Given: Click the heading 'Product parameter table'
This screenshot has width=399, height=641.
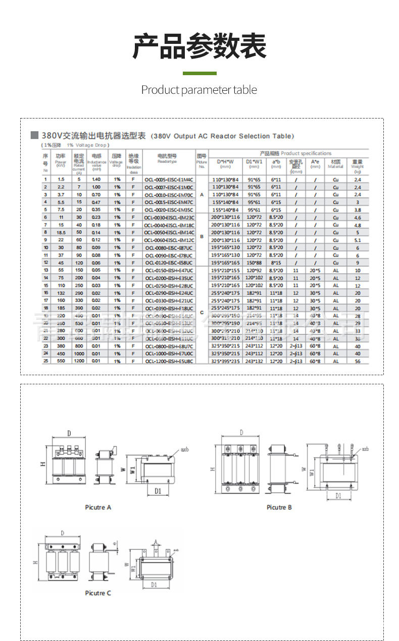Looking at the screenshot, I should click(x=199, y=90).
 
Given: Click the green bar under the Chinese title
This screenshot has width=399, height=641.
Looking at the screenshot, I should click(x=199, y=74).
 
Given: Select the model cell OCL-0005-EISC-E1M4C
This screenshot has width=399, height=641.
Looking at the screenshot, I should click(x=169, y=180).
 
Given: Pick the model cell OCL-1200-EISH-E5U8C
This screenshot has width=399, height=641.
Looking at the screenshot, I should click(x=169, y=361).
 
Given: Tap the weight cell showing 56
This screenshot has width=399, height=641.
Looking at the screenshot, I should click(x=358, y=361).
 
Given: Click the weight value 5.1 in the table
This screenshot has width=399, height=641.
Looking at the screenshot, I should click(x=358, y=240).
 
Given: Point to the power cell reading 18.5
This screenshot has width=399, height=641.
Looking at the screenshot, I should click(x=61, y=232).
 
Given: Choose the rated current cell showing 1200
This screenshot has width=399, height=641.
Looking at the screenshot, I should click(x=79, y=361).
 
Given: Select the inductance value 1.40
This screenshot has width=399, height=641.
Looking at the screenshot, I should click(x=96, y=180).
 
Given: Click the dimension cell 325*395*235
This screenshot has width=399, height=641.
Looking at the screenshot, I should click(x=225, y=361).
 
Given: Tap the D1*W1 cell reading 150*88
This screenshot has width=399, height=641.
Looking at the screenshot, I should click(x=254, y=263).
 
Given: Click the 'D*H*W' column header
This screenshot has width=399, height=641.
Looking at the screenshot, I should click(x=225, y=162).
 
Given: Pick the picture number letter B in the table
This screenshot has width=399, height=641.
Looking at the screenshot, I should click(x=202, y=236).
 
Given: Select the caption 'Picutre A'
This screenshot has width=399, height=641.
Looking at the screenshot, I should click(x=98, y=507).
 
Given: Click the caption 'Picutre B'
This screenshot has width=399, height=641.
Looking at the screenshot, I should click(x=279, y=507).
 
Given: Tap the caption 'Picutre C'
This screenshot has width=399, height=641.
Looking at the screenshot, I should click(x=98, y=593).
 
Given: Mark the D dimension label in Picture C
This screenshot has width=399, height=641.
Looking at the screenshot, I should click(x=63, y=533).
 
